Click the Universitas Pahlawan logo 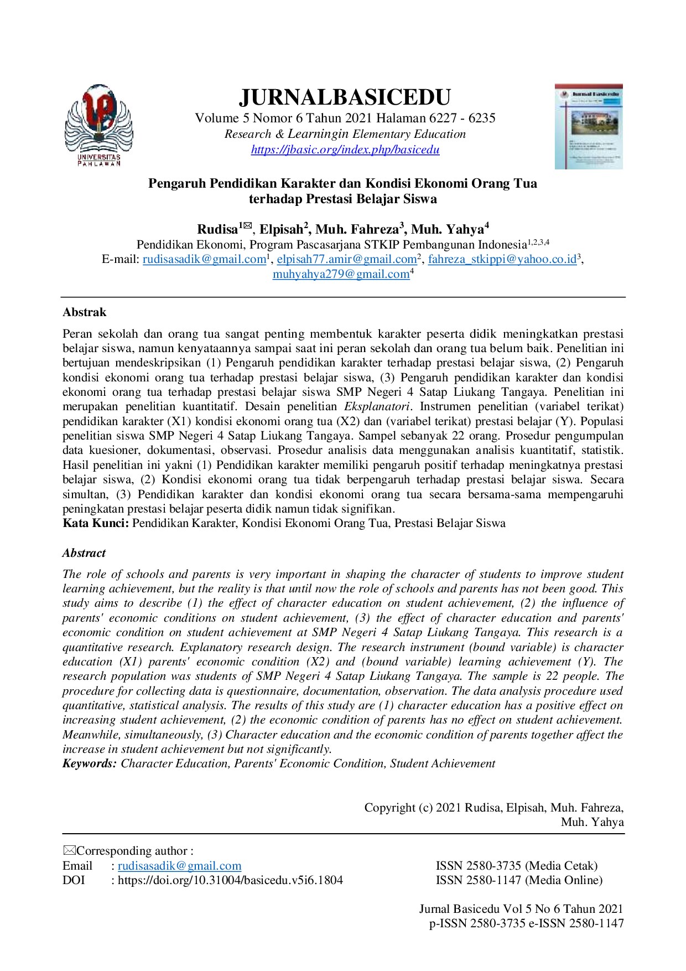(x=99, y=125)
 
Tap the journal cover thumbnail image (x=589, y=126)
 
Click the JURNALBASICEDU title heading (x=345, y=97)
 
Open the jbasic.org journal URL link (x=345, y=149)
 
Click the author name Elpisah (x=282, y=229)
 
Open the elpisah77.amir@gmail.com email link (x=346, y=259)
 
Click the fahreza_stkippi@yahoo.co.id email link (x=502, y=259)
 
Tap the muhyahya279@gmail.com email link (x=341, y=274)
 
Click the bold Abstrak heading (x=84, y=312)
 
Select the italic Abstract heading (x=84, y=553)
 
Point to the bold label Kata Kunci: (x=96, y=523)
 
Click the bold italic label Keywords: (x=90, y=763)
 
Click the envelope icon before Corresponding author (x=69, y=850)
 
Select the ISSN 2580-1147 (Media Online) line (x=519, y=880)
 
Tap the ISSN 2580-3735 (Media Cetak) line (x=516, y=866)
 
